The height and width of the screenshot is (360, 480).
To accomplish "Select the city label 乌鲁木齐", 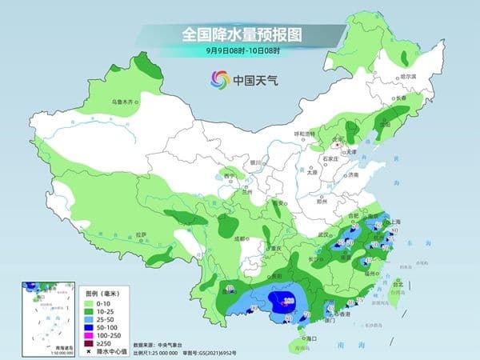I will click(x=125, y=102).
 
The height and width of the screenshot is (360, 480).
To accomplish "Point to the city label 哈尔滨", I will click(x=407, y=77).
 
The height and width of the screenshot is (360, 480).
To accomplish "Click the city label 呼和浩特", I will click(x=306, y=134).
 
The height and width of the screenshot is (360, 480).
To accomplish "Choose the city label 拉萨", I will click(x=141, y=234).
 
